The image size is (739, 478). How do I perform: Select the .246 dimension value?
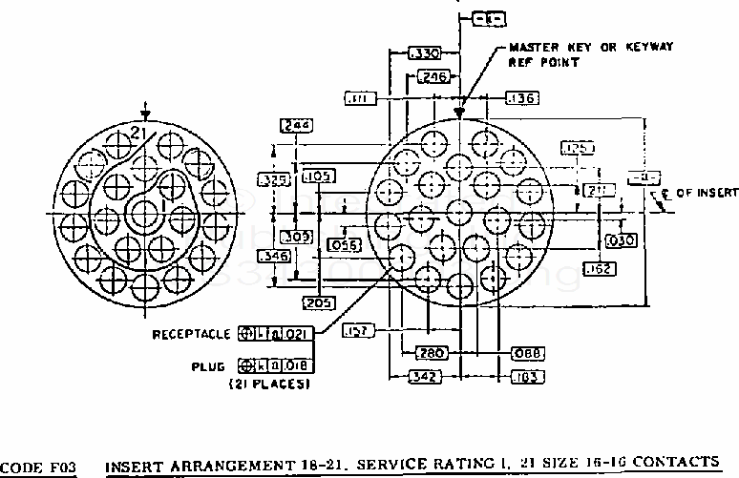pos(434,77)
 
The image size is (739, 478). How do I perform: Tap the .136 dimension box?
pos(520,97)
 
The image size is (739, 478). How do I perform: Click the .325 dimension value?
pos(275,178)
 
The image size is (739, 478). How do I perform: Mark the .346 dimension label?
pos(275,257)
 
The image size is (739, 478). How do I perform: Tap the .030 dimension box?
pos(621,240)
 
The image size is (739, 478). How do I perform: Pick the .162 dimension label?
pos(600,268)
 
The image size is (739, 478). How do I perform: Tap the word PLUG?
pos(213,364)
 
